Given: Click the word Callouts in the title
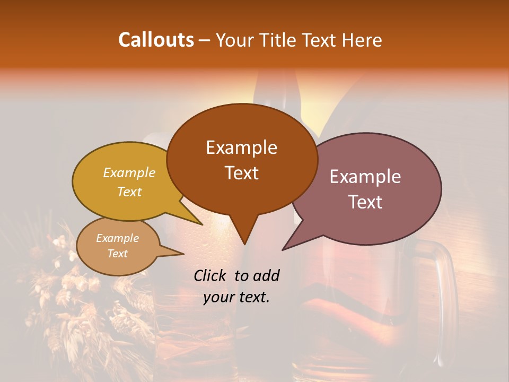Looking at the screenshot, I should coord(156,40).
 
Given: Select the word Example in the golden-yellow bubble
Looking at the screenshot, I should coord(129,172).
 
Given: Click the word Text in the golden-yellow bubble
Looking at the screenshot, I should coord(129,192).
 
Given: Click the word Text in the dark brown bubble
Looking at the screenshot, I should coord(241,173).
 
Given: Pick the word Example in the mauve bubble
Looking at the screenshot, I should coord(365,176).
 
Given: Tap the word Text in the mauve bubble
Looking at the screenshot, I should coord(365,202).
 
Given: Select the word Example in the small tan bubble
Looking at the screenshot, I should coord(117,238).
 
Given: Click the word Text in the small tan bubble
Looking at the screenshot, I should coord(117,254).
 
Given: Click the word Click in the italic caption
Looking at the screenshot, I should coord(210,275).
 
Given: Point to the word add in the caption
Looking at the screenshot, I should coord(266,275).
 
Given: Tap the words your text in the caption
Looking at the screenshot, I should coord(236,297).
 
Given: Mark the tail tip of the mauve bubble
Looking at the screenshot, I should coord(283,249).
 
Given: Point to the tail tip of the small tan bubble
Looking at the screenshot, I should coord(183,254).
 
